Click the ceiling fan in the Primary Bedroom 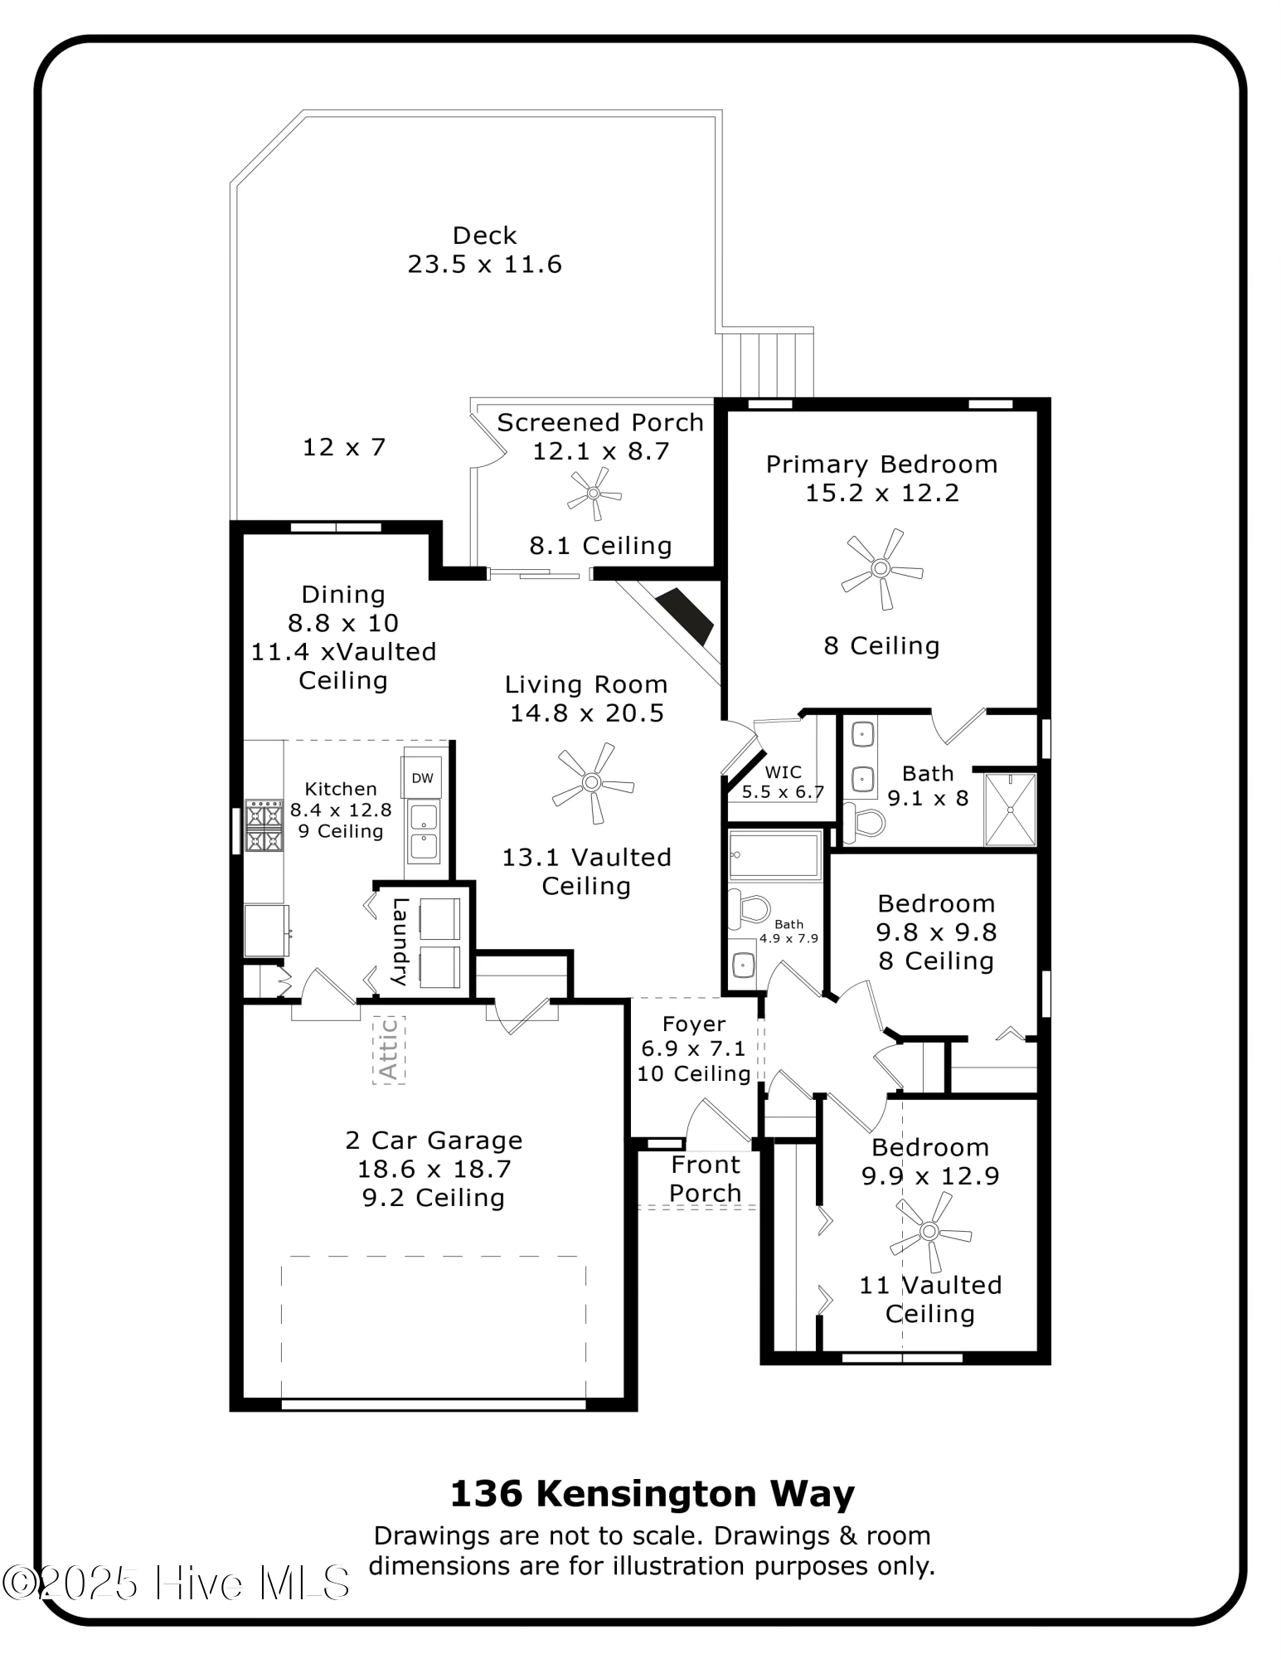(x=881, y=569)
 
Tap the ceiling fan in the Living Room (x=592, y=782)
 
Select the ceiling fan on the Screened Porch (x=594, y=494)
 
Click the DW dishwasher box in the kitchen (x=423, y=778)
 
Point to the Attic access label (x=388, y=1049)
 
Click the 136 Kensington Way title (x=652, y=1494)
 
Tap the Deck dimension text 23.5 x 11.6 (x=485, y=265)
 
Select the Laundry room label (x=400, y=941)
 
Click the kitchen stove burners (x=264, y=826)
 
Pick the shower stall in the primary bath (x=1010, y=810)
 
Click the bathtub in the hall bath (x=774, y=855)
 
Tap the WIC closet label (x=784, y=772)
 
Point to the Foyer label (x=694, y=1024)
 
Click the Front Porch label (x=706, y=1179)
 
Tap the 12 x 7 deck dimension (x=344, y=448)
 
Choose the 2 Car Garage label (x=434, y=1141)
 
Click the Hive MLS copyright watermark (x=176, y=1584)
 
